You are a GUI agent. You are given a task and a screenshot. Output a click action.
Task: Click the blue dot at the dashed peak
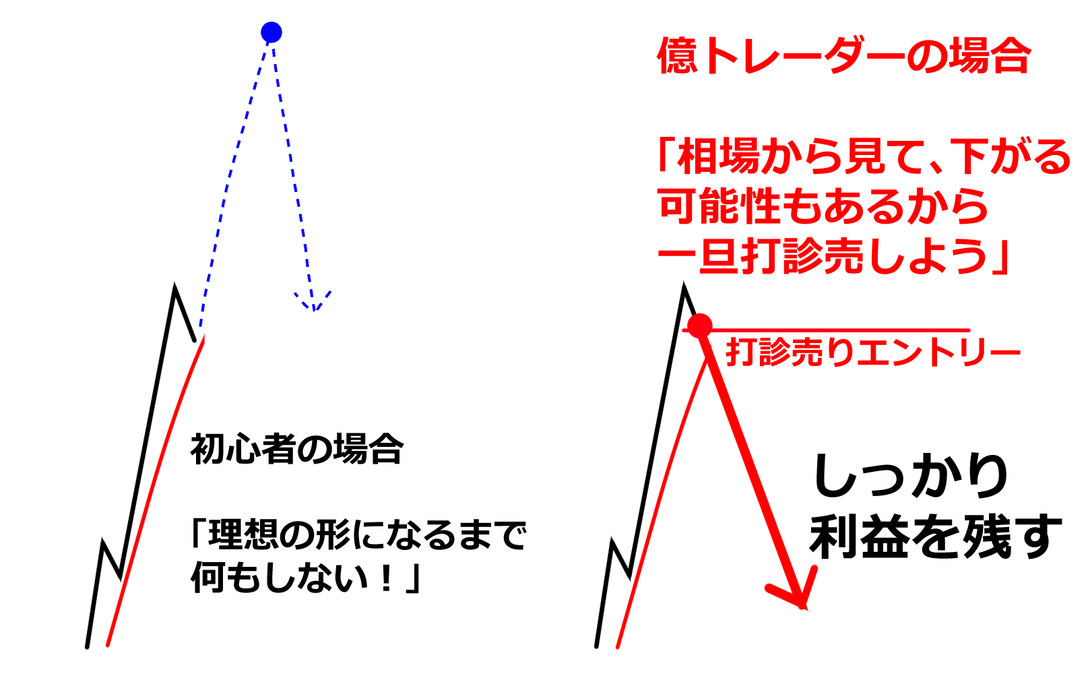coord(271,32)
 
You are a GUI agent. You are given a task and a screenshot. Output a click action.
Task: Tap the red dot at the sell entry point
coord(700,326)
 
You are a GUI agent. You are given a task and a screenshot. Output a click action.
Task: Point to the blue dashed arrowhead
coord(313,301)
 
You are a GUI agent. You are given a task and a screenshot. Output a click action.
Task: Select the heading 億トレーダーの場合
coord(844,55)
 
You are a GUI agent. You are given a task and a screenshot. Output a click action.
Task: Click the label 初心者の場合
coord(297,449)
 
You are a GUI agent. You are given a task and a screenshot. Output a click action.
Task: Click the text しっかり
coord(910,477)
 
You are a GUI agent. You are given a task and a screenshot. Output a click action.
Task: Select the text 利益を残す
coord(935,537)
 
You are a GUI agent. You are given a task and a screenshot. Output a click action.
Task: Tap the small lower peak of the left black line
coord(102,541)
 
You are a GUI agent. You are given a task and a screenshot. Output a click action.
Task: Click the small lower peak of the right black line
coord(612,541)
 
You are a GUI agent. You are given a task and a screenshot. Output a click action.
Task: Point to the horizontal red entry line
coord(827,330)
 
